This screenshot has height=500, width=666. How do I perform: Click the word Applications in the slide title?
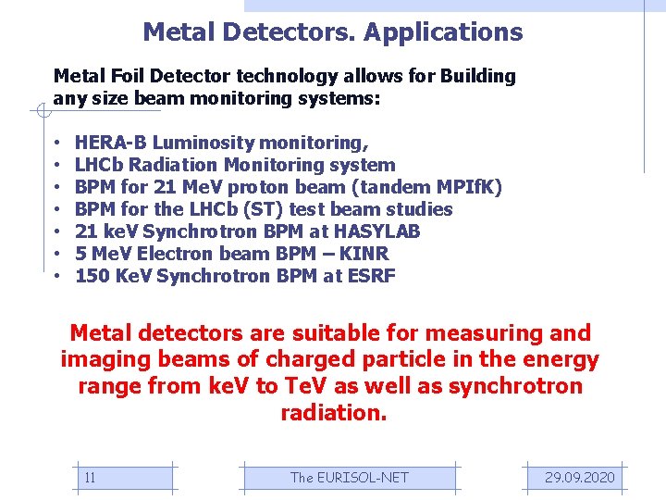pyautogui.click(x=443, y=32)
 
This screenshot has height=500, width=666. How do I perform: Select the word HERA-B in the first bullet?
pyautogui.click(x=111, y=143)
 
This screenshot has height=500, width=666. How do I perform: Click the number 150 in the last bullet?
pyautogui.click(x=91, y=276)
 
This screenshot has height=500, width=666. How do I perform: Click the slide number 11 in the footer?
pyautogui.click(x=90, y=478)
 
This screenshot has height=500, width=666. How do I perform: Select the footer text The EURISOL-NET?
pyautogui.click(x=349, y=478)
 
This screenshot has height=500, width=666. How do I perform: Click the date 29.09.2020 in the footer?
pyautogui.click(x=579, y=478)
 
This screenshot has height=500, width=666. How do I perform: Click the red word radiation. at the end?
pyautogui.click(x=333, y=413)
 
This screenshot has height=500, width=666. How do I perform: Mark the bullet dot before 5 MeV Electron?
pyautogui.click(x=57, y=254)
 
